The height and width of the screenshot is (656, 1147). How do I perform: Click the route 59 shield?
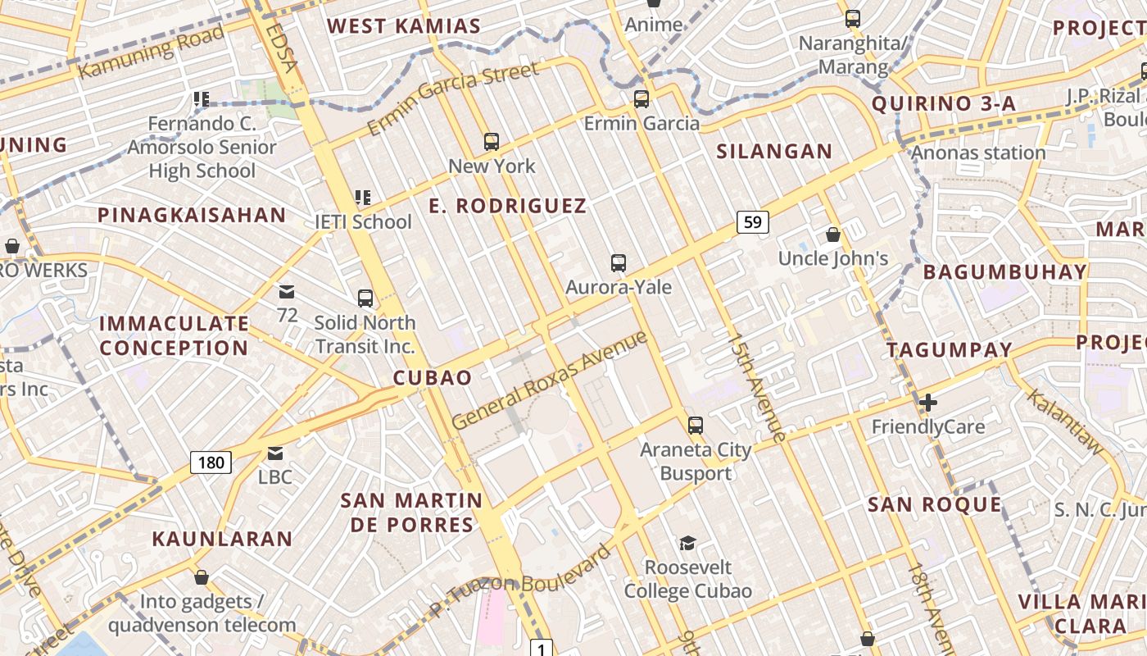click(x=753, y=221)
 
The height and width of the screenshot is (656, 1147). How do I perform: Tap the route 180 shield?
click(x=211, y=462)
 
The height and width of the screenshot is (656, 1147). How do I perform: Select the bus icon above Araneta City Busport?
click(x=696, y=425)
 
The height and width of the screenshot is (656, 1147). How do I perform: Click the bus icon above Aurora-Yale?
click(x=619, y=263)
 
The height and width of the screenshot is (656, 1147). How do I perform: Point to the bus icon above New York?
click(x=492, y=142)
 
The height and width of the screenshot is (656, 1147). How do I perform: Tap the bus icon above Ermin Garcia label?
click(x=642, y=99)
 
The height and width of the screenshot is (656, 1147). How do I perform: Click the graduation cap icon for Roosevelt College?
click(x=687, y=543)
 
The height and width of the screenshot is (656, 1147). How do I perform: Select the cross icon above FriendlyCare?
click(x=927, y=403)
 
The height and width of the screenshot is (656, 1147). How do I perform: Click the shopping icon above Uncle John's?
click(x=833, y=235)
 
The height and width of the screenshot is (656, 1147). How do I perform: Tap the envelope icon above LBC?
click(x=274, y=453)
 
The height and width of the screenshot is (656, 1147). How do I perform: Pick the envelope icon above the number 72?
click(x=287, y=292)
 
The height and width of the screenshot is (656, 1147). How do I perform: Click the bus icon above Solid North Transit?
click(x=365, y=298)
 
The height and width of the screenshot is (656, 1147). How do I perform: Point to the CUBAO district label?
click(x=433, y=378)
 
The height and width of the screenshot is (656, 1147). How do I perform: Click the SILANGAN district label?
click(x=774, y=152)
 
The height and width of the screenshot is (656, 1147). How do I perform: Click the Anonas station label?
click(x=978, y=153)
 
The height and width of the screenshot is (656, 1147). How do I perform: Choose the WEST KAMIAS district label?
click(x=404, y=26)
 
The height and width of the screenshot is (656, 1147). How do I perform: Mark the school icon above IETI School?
click(x=363, y=198)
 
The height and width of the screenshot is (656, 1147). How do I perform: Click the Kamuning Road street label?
click(x=152, y=52)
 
